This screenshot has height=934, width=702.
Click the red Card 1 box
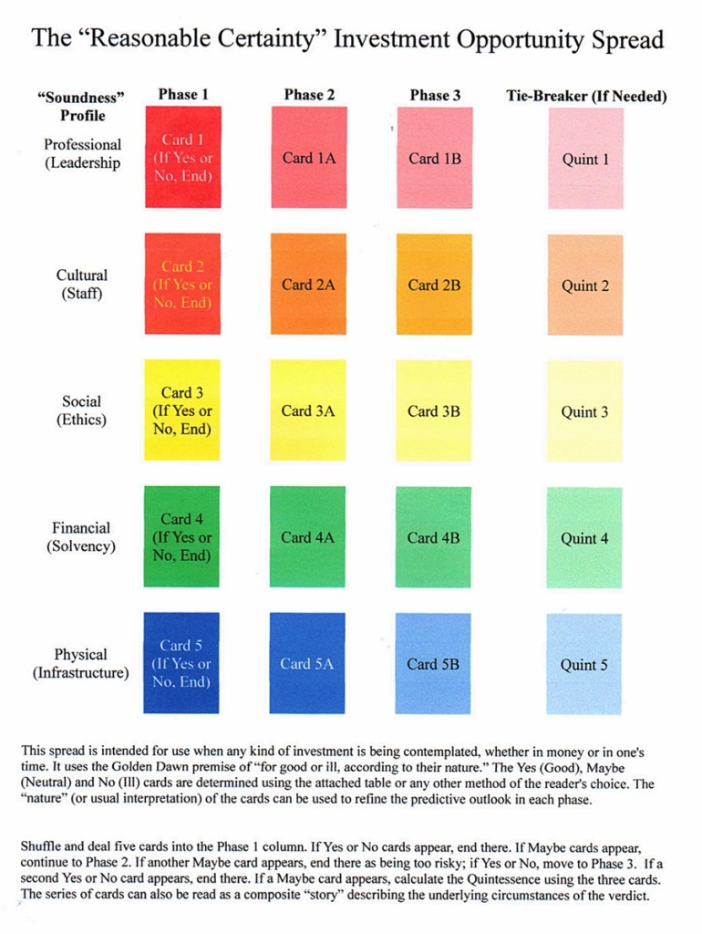182,158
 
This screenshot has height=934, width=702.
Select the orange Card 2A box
308,285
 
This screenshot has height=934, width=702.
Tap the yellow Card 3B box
434,410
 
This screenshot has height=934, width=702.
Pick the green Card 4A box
308,537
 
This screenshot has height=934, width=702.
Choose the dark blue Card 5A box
308,663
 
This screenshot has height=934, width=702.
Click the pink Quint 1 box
585,159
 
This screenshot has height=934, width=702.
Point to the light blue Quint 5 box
585,664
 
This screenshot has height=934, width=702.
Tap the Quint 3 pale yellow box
585,411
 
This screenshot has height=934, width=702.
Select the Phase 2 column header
309,94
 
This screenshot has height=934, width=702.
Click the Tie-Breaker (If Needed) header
586,96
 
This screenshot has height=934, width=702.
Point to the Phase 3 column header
435,94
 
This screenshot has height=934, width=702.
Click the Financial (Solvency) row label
81,536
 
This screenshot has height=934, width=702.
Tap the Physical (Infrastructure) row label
81,663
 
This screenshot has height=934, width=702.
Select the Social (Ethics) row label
81,410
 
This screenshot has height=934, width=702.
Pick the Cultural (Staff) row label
81,284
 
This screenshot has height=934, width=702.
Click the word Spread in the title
628,39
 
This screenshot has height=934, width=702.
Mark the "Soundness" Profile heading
82,106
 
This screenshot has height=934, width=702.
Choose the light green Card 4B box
434,537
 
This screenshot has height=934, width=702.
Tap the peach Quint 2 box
585,285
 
